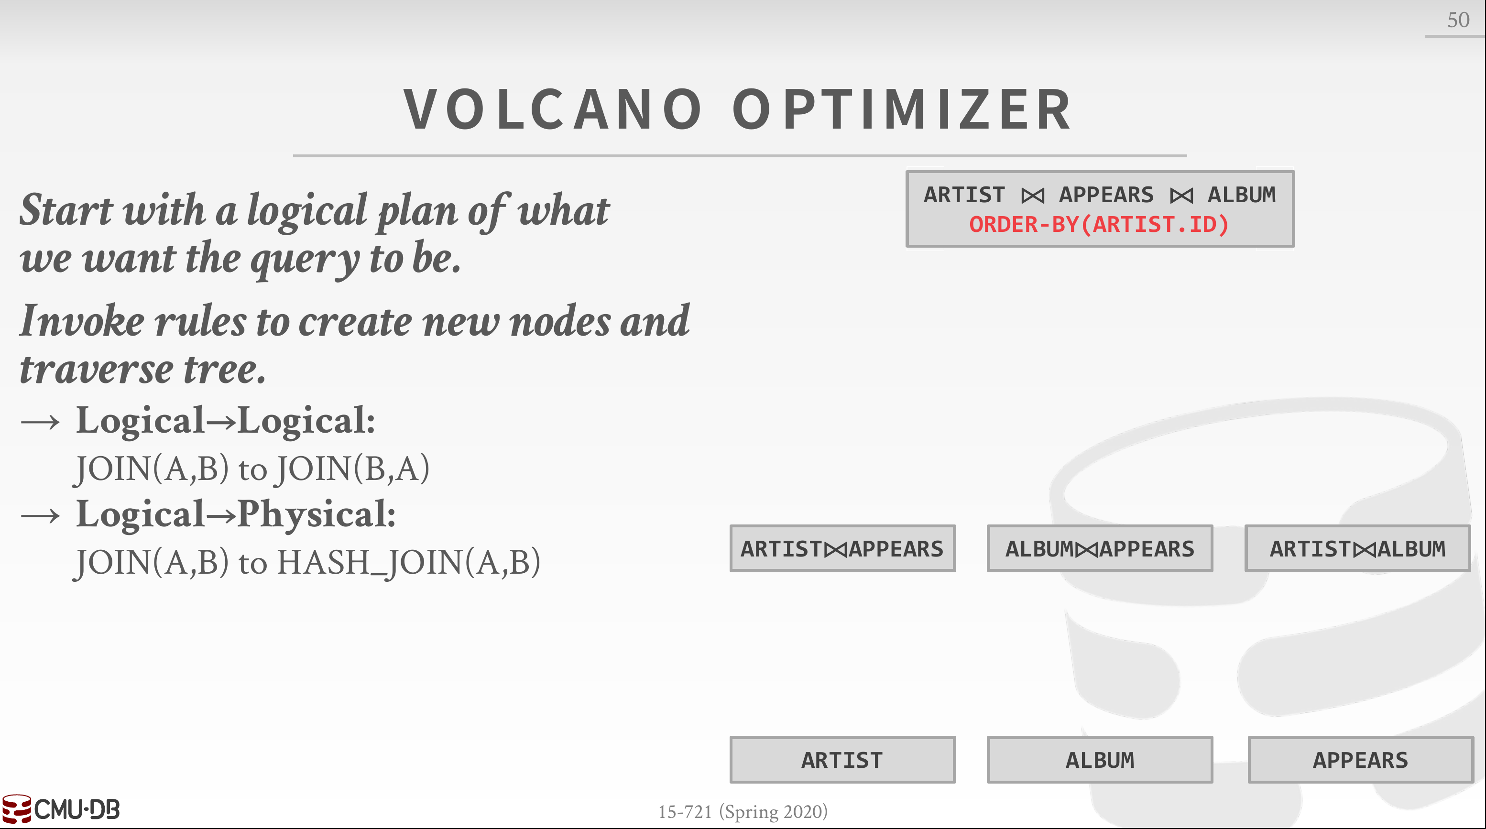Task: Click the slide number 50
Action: (x=1458, y=20)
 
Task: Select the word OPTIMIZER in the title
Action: (x=902, y=109)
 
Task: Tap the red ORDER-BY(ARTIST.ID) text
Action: (x=1099, y=224)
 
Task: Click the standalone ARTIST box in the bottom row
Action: (x=842, y=759)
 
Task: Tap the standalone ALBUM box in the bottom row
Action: (x=1100, y=759)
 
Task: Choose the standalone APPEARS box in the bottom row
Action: (x=1360, y=759)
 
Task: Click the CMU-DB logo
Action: (x=61, y=809)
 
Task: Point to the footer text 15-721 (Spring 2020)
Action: (x=743, y=812)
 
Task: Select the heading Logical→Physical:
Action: (x=236, y=514)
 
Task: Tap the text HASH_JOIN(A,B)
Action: (x=409, y=563)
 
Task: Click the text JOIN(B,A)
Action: (x=352, y=469)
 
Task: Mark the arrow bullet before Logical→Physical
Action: (x=40, y=515)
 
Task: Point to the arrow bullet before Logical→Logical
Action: (x=40, y=422)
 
